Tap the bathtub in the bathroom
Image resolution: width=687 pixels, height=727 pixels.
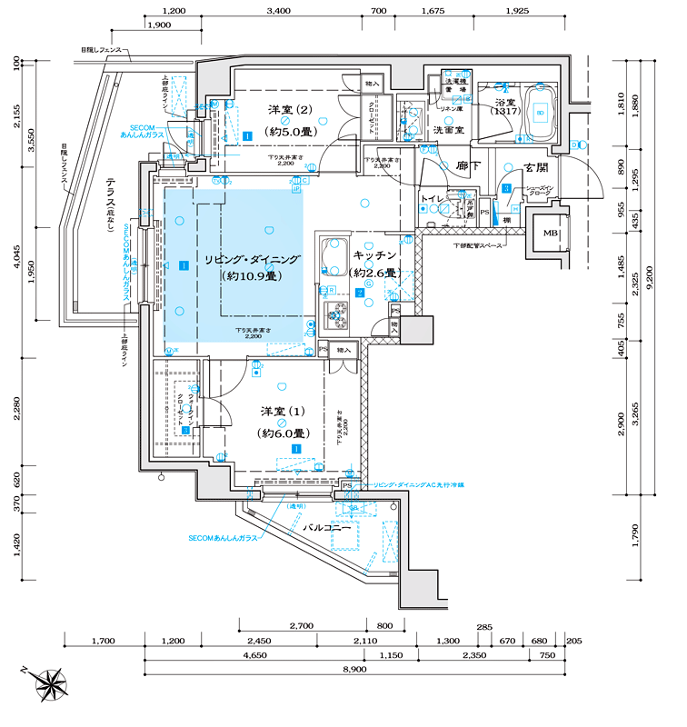(x=539, y=113)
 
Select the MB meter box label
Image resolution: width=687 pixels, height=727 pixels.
(x=551, y=234)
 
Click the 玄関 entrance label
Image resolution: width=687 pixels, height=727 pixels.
(x=535, y=167)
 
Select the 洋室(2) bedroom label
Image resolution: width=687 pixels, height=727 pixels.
(x=291, y=111)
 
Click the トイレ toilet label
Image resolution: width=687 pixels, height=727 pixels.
(x=431, y=197)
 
